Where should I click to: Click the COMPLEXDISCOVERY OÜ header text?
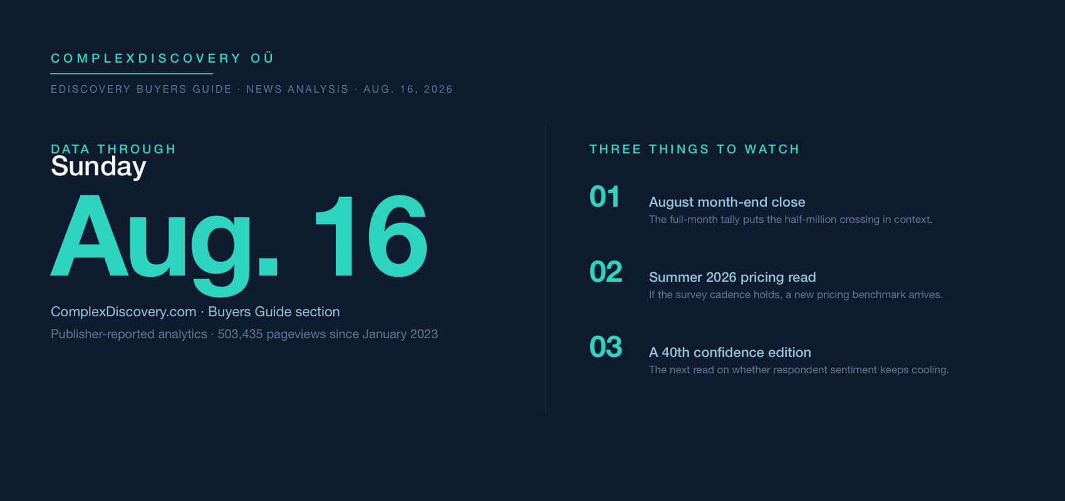coord(162,58)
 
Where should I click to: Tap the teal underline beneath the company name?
coord(131,74)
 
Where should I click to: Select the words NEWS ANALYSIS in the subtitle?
coord(297,90)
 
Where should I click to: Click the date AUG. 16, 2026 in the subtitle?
coord(408,90)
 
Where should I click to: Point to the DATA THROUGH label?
coord(113,149)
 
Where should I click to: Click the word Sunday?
coord(98,167)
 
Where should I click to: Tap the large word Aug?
coord(165,239)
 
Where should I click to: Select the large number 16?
coord(371,236)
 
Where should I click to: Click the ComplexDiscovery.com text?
coord(123,312)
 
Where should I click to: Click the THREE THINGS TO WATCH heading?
coord(695,149)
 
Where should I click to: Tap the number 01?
coord(605,197)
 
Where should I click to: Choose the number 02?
coord(606,272)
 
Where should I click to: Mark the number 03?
coord(606,347)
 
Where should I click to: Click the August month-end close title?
coord(727,202)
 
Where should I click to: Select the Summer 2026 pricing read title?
coord(732,277)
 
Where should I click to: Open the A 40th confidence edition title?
coord(730,353)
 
